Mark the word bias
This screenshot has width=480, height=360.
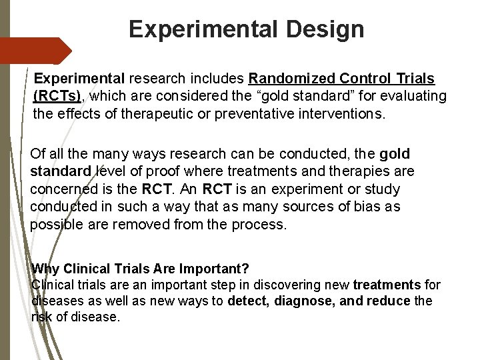pos(367,207)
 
